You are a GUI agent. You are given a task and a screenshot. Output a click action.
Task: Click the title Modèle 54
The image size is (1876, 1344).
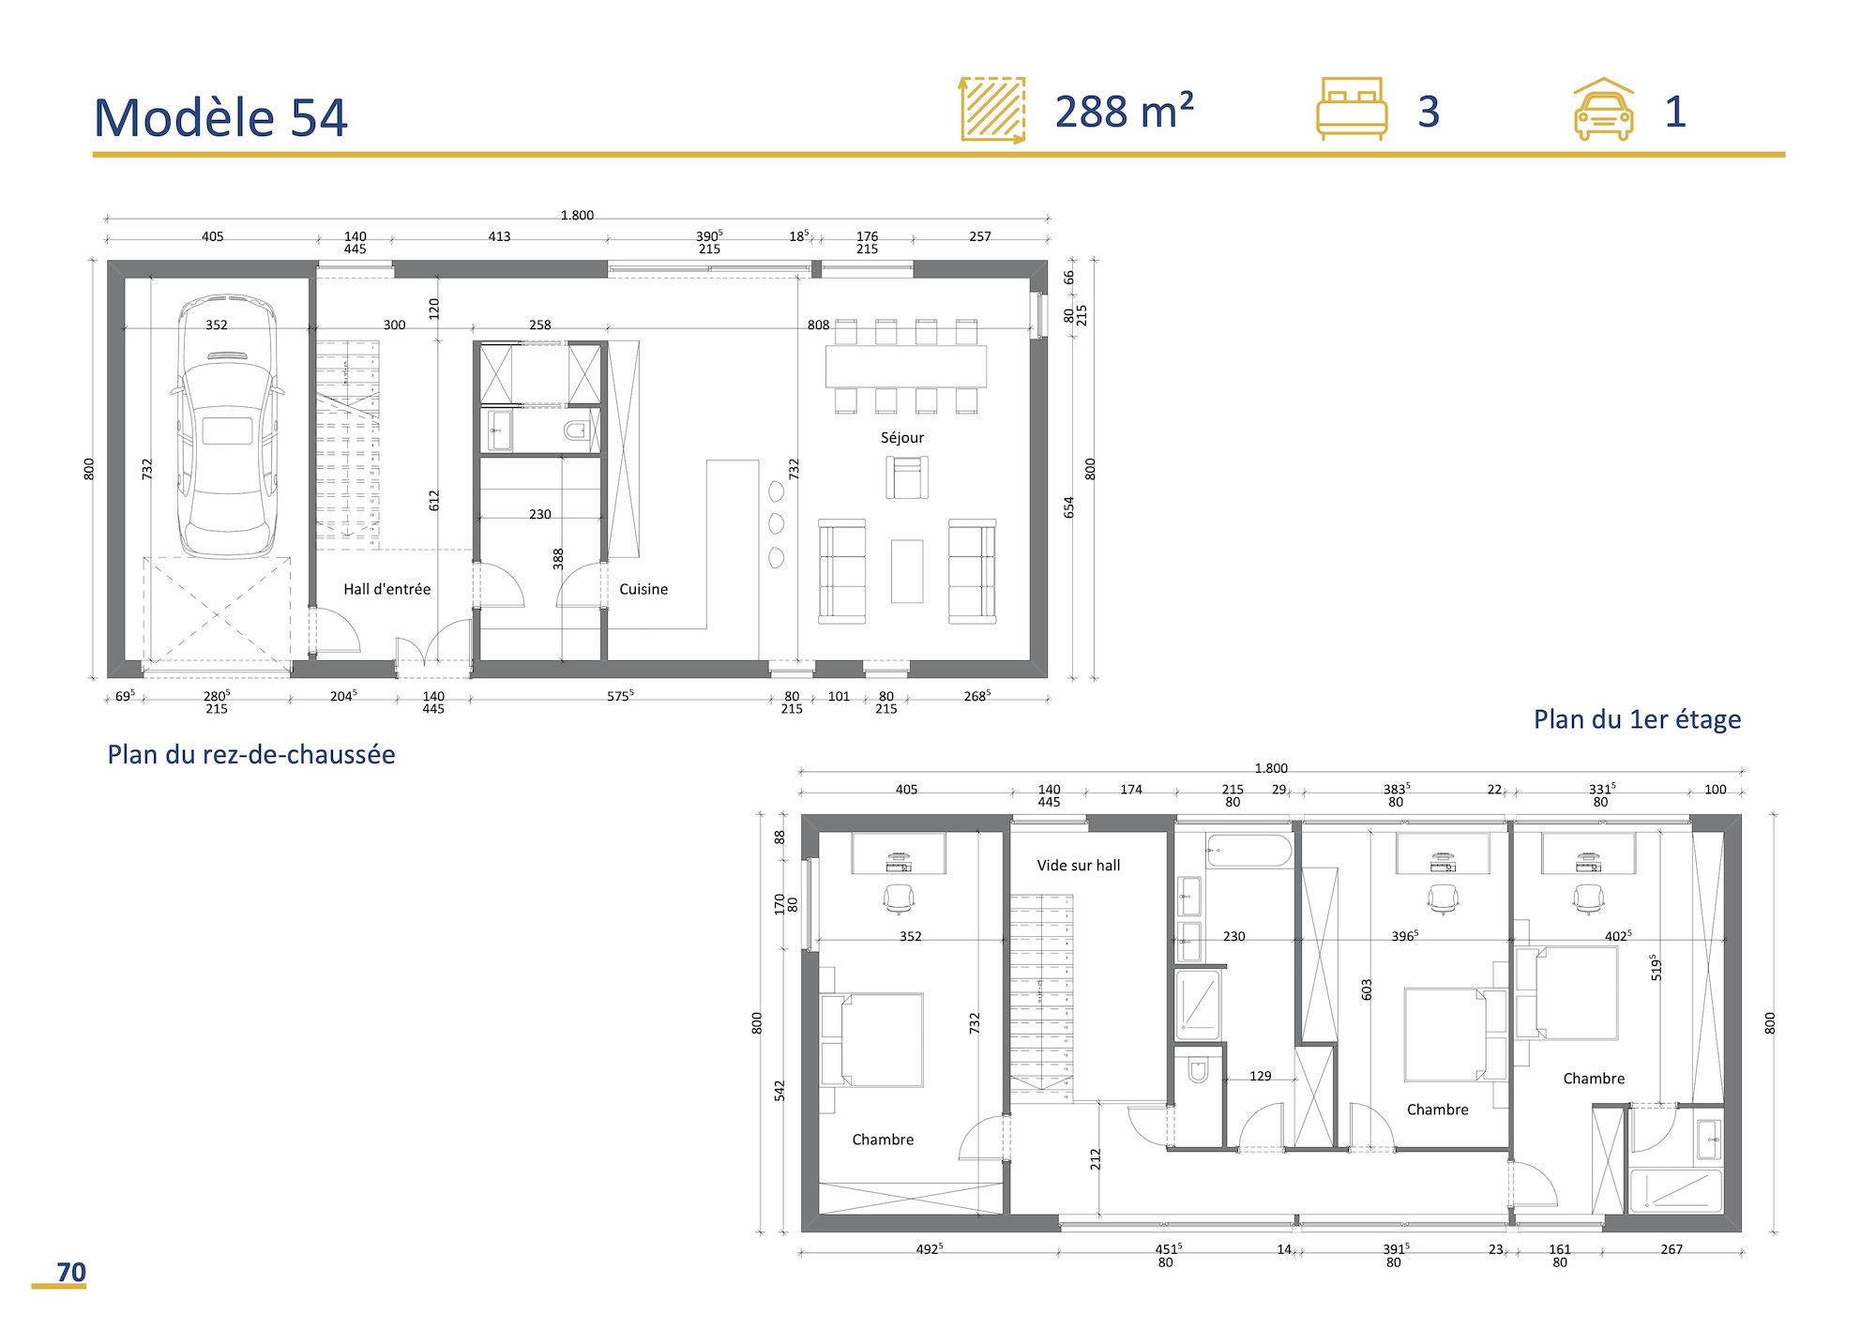220,118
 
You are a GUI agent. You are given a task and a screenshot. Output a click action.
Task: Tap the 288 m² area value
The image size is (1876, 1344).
1123,112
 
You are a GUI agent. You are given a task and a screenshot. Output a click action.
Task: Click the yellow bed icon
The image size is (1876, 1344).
1351,109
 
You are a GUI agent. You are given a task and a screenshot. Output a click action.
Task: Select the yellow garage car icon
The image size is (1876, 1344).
1603,111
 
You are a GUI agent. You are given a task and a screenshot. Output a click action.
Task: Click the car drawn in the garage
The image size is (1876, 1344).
227,427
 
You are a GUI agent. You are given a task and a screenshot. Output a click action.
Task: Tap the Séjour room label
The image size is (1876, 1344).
901,438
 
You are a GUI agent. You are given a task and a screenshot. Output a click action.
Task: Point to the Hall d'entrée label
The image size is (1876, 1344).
386,589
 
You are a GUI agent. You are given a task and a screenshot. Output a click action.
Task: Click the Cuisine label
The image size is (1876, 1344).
643,589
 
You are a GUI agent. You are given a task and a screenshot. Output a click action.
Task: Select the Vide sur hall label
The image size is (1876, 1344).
1078,866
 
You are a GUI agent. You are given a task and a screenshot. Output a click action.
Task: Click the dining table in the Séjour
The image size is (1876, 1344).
905,367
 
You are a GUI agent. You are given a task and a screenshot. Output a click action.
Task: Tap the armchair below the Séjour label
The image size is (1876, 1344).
906,477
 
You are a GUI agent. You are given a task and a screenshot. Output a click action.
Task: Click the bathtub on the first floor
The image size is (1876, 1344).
1248,852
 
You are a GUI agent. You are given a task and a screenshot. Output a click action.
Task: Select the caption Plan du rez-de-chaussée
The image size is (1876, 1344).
250,755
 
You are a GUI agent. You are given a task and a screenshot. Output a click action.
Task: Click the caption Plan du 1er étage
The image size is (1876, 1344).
1636,719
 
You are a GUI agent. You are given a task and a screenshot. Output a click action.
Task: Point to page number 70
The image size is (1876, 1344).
71,1272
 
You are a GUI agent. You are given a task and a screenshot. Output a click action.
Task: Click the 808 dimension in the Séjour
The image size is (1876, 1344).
818,325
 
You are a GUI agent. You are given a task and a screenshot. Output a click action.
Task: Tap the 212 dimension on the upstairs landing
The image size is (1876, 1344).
1095,1160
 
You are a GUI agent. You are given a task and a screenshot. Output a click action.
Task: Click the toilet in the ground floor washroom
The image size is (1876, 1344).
576,431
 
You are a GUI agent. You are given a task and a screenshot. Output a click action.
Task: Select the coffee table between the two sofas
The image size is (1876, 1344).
906,571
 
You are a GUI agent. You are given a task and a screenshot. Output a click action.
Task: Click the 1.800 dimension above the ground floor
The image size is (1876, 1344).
577,215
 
